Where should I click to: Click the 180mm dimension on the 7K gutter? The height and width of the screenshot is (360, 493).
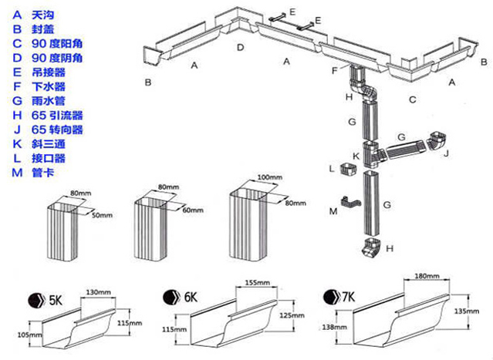426,274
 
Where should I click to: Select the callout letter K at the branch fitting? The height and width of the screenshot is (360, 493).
355,156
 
